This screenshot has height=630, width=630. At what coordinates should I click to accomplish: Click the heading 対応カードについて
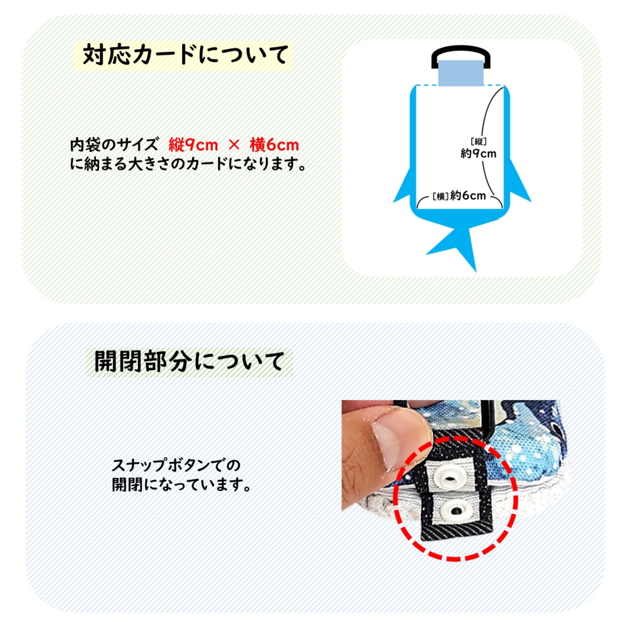tap(185, 55)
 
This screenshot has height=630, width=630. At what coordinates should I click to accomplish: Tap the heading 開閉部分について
tap(189, 361)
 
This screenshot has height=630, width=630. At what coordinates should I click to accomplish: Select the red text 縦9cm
tap(193, 145)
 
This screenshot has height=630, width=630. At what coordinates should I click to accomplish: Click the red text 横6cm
tap(274, 145)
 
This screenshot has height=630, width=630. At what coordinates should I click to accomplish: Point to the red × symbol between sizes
tap(234, 146)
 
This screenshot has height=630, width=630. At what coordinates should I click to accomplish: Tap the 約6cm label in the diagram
tap(468, 196)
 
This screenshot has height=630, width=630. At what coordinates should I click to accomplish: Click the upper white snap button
tap(456, 476)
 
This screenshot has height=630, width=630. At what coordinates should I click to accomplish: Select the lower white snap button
tap(457, 509)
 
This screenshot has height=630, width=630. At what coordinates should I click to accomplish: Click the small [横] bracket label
tap(439, 196)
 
